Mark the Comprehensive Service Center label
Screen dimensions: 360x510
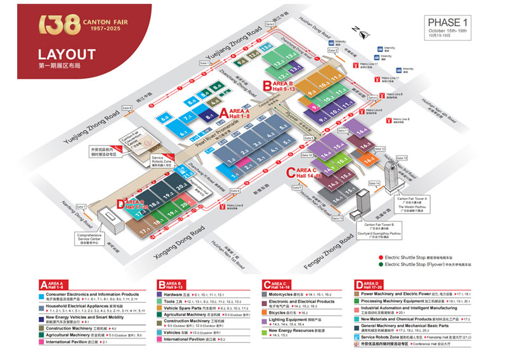[93, 239]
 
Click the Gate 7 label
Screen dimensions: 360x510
[81, 207]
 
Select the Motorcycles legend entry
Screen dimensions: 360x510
[284, 295]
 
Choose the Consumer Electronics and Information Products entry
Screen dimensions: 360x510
[93, 295]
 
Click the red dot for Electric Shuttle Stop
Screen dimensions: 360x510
[380, 256]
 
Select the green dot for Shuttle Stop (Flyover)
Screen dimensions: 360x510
[380, 265]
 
